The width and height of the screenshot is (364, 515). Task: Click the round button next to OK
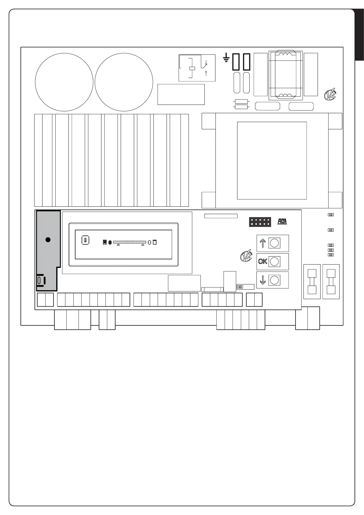(274, 261)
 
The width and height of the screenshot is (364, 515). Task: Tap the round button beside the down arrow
(274, 280)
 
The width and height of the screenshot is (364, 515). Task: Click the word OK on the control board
(263, 261)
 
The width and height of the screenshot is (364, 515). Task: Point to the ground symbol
(226, 57)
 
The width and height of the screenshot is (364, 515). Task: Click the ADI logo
(282, 221)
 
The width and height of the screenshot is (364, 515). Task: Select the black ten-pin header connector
(260, 222)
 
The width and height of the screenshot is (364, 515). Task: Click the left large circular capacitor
(64, 82)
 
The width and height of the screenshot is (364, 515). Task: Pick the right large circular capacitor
(124, 82)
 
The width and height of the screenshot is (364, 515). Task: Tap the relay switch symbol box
(197, 68)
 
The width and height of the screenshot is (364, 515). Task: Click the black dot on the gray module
(48, 240)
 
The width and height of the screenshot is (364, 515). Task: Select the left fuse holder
(312, 281)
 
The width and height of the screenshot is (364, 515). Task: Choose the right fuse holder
(331, 281)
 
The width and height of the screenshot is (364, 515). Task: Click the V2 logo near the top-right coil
(330, 94)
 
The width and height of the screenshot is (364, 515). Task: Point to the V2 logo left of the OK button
(246, 256)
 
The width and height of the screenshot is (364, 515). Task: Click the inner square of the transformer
(272, 161)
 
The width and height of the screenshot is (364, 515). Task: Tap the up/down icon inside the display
(86, 240)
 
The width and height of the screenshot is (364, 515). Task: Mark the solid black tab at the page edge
(359, 35)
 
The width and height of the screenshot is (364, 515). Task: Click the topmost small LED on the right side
(331, 215)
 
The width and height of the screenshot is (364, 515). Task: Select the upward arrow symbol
(263, 243)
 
